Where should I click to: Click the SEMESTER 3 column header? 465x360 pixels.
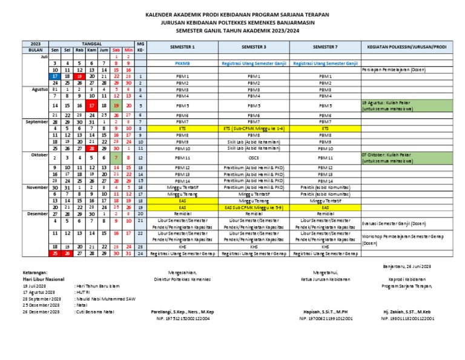(x=254, y=47)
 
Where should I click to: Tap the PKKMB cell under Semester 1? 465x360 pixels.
(x=182, y=63)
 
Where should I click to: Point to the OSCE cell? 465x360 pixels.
(x=254, y=158)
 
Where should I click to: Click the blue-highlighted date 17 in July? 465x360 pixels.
(x=55, y=76)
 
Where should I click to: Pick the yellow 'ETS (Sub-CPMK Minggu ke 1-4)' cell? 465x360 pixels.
(x=254, y=128)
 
